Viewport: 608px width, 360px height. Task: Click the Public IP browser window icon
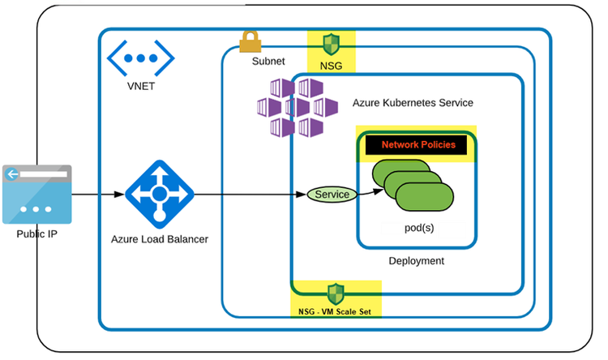click(x=36, y=194)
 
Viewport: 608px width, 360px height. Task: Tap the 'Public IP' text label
click(x=36, y=234)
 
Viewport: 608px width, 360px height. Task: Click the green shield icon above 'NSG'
click(x=331, y=43)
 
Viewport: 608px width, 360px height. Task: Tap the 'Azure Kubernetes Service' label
click(x=413, y=103)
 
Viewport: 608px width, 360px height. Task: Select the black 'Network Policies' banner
click(x=417, y=145)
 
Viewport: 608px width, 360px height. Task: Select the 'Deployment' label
click(x=416, y=261)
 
